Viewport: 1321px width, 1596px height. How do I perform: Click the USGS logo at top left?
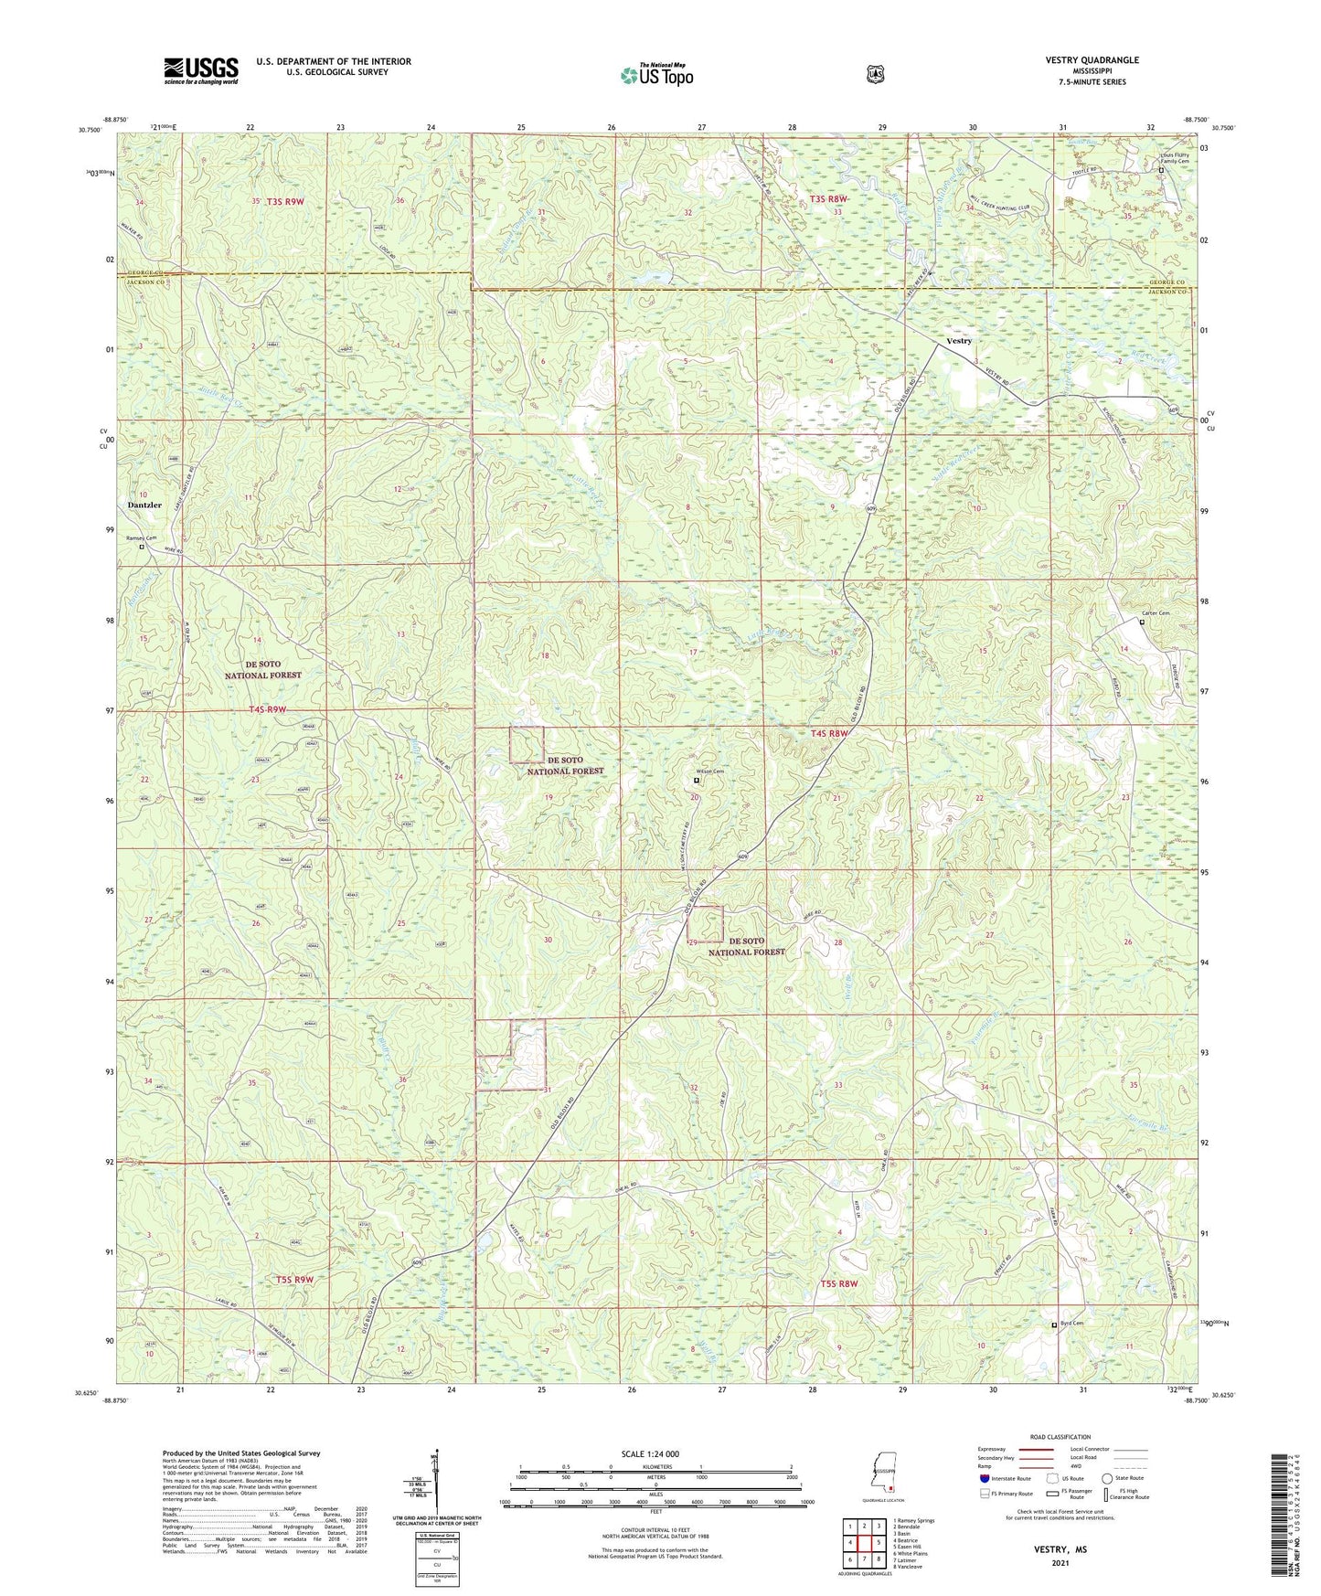point(201,69)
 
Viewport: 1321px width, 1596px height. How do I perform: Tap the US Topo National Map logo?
point(655,75)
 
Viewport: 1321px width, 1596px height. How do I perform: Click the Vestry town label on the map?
point(958,341)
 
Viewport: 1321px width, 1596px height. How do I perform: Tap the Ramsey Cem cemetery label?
point(142,538)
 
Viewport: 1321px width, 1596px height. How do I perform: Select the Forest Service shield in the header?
point(875,73)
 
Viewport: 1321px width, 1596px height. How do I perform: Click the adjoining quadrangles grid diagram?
point(863,1545)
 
